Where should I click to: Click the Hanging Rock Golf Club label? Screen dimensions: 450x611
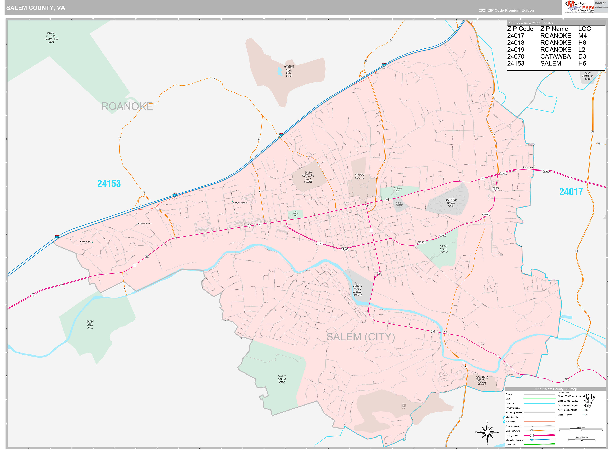click(289, 71)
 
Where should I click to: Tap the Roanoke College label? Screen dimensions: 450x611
click(360, 176)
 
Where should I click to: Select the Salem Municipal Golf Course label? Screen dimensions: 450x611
click(308, 177)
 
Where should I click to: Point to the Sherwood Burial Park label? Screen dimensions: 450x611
click(451, 203)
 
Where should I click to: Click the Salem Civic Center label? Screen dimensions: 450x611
click(443, 249)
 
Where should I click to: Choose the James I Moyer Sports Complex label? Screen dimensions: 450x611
click(357, 290)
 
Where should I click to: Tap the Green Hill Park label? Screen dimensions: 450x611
click(90, 324)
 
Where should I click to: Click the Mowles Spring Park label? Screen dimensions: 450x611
click(282, 379)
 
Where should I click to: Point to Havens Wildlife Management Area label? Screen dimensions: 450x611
click(51, 38)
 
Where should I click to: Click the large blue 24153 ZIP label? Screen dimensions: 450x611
click(109, 184)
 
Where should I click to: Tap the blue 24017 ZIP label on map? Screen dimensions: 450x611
click(571, 192)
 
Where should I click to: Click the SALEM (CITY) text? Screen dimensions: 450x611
click(360, 337)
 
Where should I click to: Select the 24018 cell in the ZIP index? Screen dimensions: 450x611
click(516, 43)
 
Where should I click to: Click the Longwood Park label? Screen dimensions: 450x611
click(397, 190)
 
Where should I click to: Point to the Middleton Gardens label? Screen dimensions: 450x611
click(240, 203)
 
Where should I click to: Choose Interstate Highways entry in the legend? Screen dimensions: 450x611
click(514, 440)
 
